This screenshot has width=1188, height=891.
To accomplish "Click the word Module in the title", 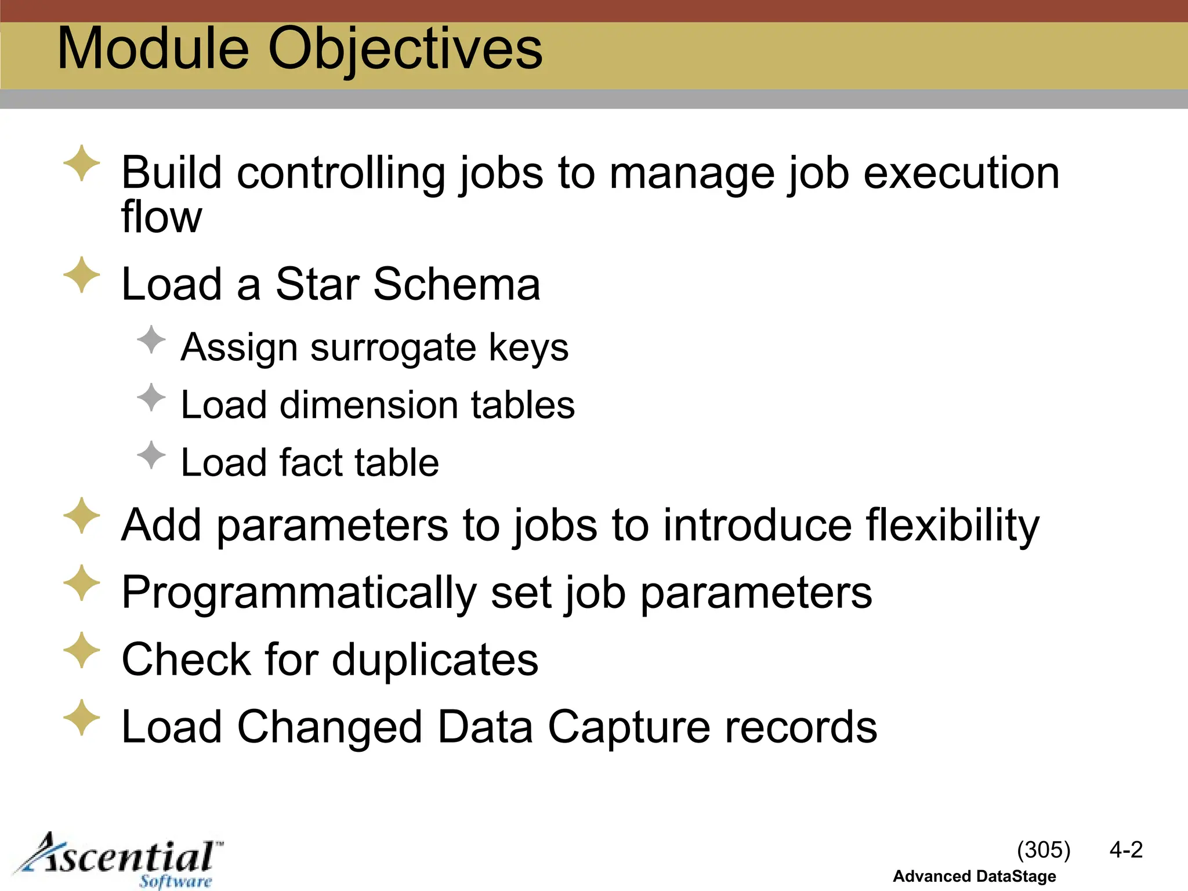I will tap(153, 49).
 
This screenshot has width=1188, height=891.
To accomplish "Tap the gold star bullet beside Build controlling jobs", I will tap(81, 163).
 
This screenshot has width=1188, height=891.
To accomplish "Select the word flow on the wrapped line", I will tap(161, 217).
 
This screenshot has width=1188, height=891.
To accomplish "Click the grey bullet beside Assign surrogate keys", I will tap(151, 339).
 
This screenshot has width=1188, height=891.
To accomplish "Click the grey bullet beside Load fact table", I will tap(151, 455).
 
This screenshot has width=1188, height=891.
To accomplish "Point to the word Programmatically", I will tap(298, 593).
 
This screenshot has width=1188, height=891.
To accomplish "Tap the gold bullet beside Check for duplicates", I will tap(81, 650).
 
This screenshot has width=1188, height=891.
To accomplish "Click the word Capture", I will tap(629, 727).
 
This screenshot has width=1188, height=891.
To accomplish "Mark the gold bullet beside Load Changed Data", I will tap(81, 718).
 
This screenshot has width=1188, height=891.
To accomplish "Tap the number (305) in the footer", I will tap(1043, 850).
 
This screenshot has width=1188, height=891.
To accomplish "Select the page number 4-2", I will tap(1125, 850).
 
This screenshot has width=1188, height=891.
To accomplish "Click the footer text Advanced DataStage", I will tap(974, 876).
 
